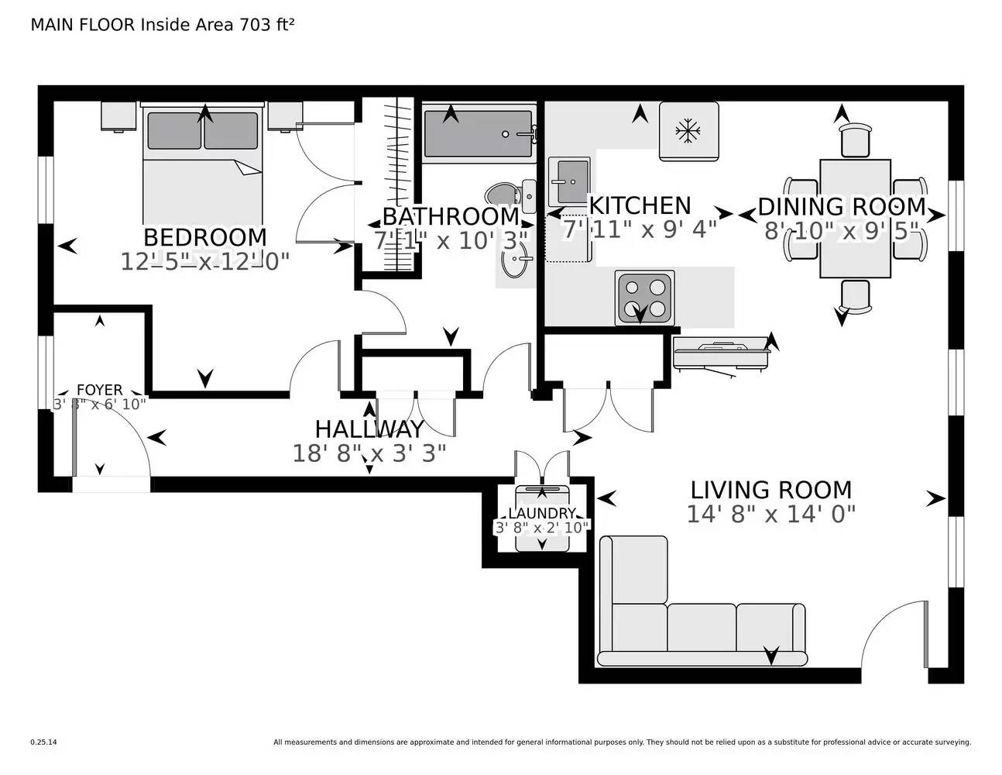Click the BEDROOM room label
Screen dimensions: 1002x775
pos(205,238)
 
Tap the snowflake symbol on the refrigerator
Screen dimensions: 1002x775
pos(688,131)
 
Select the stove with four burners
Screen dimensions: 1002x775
pos(644,298)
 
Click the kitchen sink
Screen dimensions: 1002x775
pos(569,182)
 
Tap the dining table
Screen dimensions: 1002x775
pos(855,219)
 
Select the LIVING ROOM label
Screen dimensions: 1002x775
pos(770,490)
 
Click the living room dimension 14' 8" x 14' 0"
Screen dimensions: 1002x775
pos(771,514)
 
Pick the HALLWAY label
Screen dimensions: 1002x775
pos(369,429)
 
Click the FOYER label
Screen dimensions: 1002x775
pos(100,390)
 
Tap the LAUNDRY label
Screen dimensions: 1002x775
pos(542,513)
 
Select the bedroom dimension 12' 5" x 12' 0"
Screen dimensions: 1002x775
pos(204,262)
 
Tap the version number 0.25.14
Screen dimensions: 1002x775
pos(44,742)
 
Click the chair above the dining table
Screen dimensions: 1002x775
pos(855,140)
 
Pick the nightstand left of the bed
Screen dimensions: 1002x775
pos(118,116)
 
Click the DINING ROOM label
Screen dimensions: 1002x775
pos(842,207)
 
